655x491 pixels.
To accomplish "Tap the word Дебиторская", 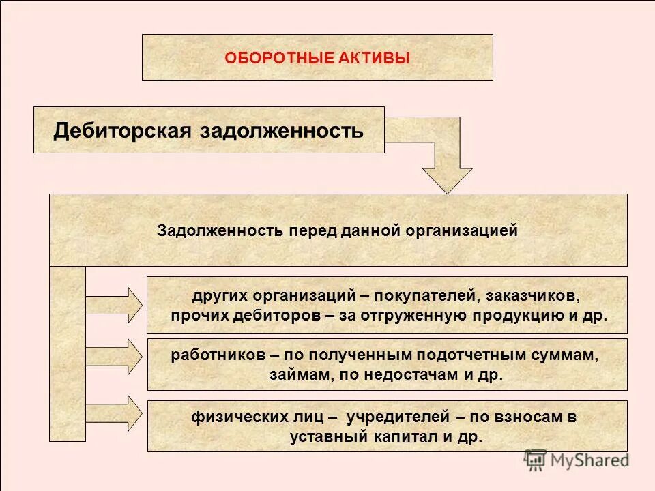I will pyautogui.click(x=123, y=130).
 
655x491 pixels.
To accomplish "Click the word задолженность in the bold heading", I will pyautogui.click(x=281, y=130).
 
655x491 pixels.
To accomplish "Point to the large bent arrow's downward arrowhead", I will pyautogui.click(x=447, y=179).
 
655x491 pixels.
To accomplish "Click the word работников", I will pyautogui.click(x=216, y=355).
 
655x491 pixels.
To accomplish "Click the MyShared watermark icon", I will pyautogui.click(x=536, y=460).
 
